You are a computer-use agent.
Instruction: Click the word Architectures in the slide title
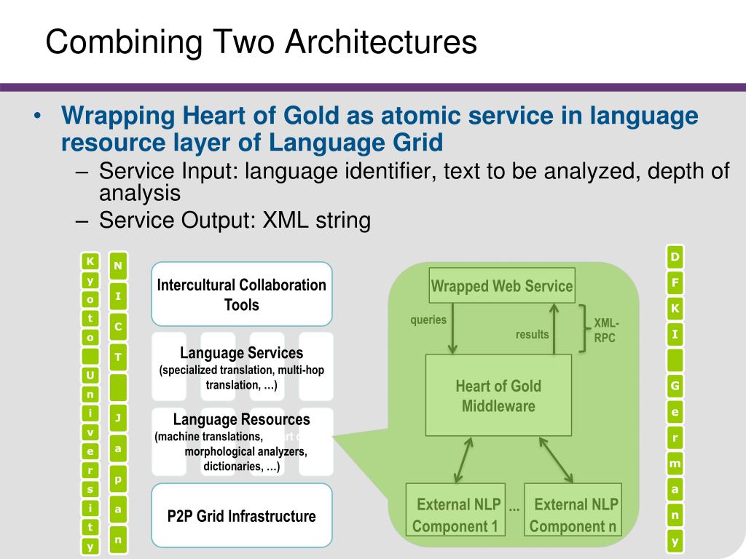point(380,41)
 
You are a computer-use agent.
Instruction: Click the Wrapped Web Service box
point(502,286)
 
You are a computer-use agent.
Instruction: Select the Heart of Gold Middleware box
point(498,395)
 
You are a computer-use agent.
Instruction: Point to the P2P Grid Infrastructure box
point(241,516)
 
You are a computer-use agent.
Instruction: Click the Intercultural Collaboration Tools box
point(241,294)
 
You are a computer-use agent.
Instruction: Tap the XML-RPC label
point(605,330)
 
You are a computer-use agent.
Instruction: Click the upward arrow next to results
point(554,328)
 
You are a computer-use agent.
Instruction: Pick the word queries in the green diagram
point(428,320)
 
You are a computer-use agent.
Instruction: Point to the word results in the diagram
point(533,334)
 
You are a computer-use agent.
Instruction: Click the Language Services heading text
point(241,354)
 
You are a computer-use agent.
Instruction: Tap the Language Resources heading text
point(241,419)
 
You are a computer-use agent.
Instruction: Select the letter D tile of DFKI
point(675,257)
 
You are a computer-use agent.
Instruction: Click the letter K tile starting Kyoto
point(90,261)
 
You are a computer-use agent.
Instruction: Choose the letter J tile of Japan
point(117,418)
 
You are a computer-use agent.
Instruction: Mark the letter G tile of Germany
point(675,386)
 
